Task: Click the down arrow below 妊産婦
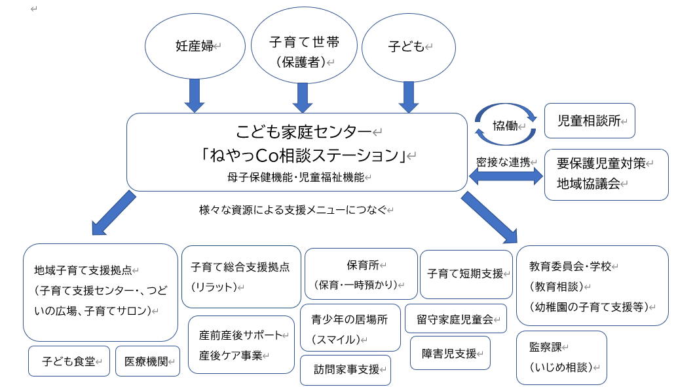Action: (x=195, y=96)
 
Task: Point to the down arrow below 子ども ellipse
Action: (x=409, y=97)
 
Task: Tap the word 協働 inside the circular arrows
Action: (x=505, y=126)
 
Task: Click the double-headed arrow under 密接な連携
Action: (x=506, y=176)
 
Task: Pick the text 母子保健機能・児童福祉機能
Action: (x=296, y=177)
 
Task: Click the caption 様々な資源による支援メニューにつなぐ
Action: (x=293, y=210)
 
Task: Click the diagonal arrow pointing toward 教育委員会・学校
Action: (x=489, y=217)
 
